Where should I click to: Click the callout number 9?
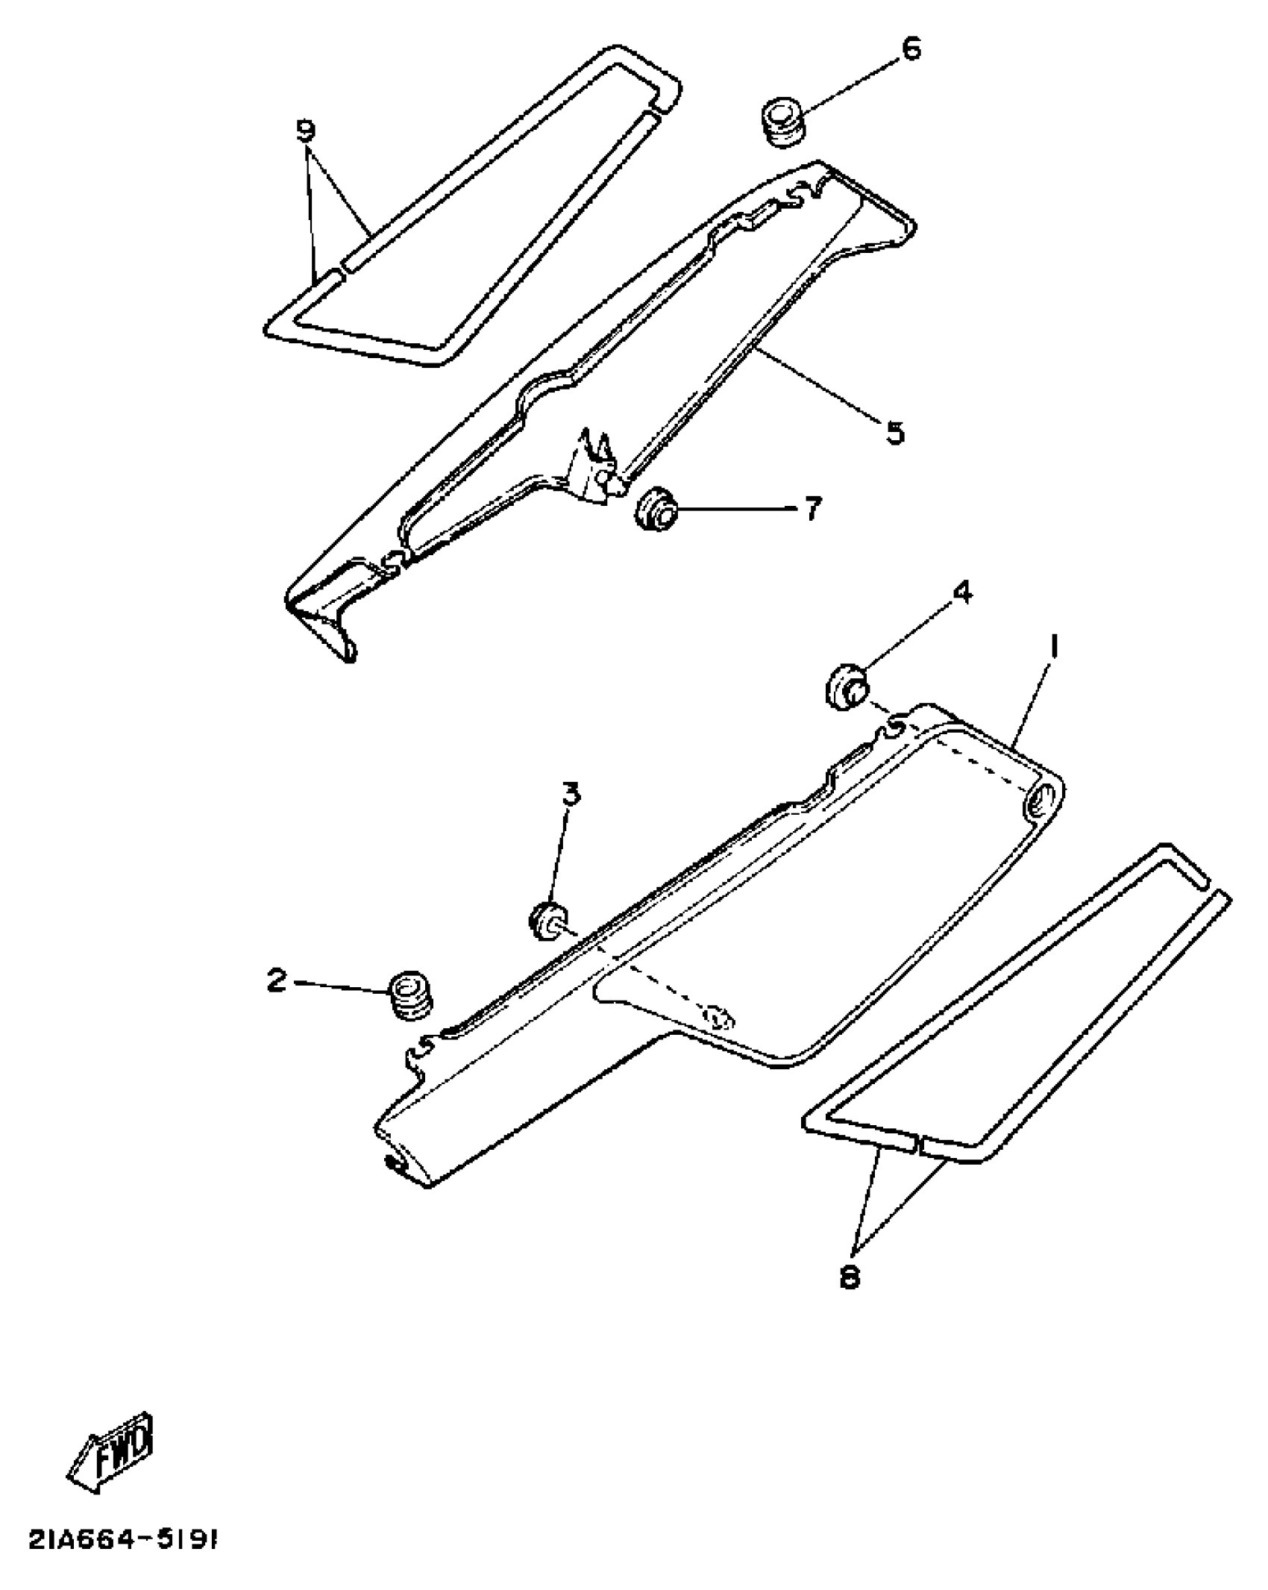[x=306, y=131]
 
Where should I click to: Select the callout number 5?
[x=895, y=432]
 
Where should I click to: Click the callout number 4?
[x=962, y=593]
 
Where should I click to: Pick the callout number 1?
[x=1054, y=647]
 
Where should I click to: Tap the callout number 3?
[x=571, y=795]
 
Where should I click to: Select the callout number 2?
[x=277, y=980]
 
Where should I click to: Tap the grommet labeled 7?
[x=656, y=508]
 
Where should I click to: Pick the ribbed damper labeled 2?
[x=412, y=995]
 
